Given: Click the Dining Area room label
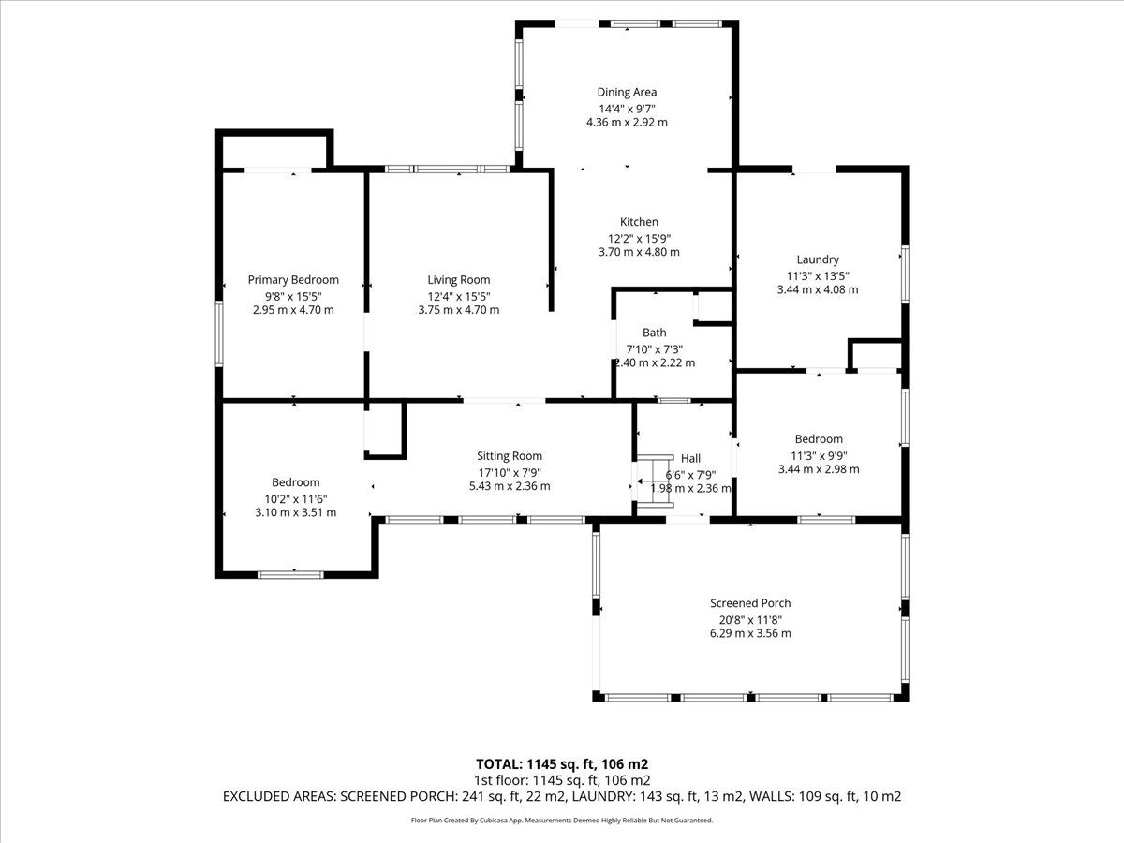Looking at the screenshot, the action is click(x=627, y=92).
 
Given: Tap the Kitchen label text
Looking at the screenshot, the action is click(x=639, y=222).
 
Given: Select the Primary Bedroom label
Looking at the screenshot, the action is click(x=293, y=279).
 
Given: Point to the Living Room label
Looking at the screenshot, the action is click(x=459, y=279).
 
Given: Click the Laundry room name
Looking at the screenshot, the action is click(x=818, y=259).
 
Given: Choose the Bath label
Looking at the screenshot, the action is click(x=655, y=333).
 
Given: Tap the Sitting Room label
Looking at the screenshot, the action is click(x=510, y=455).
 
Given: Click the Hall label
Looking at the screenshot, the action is click(x=690, y=458).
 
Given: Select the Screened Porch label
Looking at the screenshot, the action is click(x=750, y=603).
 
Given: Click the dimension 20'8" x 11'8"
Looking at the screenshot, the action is click(x=750, y=620).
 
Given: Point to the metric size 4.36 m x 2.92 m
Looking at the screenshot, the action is click(x=627, y=123).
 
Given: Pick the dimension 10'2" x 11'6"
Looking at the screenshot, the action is click(x=296, y=499).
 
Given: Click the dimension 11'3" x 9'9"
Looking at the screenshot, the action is click(x=819, y=455).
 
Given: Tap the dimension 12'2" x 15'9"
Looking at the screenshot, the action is click(x=639, y=239).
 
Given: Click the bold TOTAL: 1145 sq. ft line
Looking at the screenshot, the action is click(x=562, y=764).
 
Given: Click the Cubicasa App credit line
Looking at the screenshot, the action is click(x=562, y=820).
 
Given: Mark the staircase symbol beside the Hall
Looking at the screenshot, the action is click(x=654, y=481).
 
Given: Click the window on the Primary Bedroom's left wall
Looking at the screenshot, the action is click(x=219, y=333).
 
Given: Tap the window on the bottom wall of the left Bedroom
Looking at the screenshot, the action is click(x=290, y=575).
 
